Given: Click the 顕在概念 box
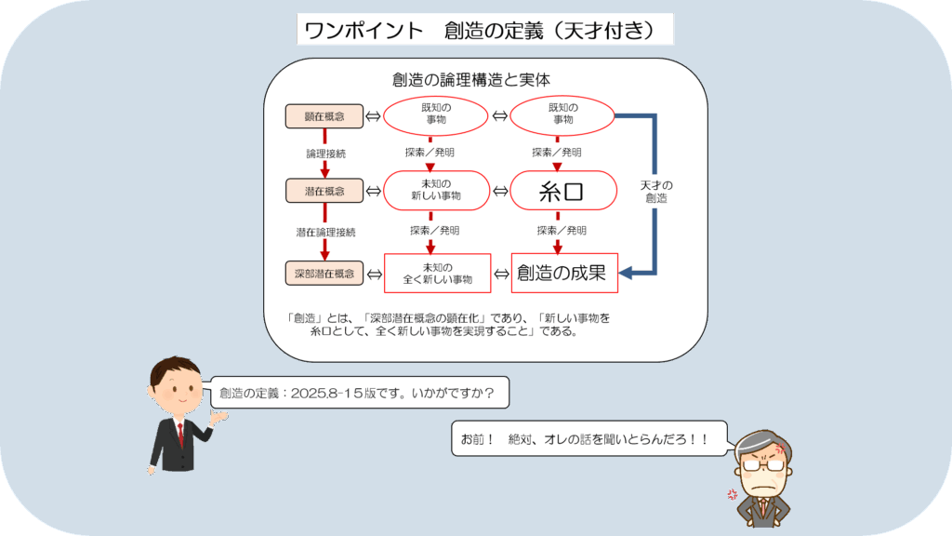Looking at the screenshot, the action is pyautogui.click(x=324, y=116).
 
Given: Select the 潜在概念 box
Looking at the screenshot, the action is pyautogui.click(x=324, y=191).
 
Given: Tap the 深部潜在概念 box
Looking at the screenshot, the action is pyautogui.click(x=324, y=274).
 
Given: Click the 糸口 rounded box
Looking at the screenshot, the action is pyautogui.click(x=562, y=191).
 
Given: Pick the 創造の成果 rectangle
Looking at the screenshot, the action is pyautogui.click(x=564, y=273).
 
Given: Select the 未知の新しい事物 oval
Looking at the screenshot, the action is pyautogui.click(x=436, y=190).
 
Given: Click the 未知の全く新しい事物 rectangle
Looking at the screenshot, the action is pyautogui.click(x=437, y=273).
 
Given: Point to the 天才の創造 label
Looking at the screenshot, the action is pyautogui.click(x=656, y=192).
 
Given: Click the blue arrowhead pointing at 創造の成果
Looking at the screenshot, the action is pyautogui.click(x=626, y=273).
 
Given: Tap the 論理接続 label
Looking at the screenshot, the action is pyautogui.click(x=325, y=154).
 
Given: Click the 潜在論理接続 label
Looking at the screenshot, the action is pyautogui.click(x=325, y=232).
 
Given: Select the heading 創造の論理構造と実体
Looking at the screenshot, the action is pyautogui.click(x=471, y=80).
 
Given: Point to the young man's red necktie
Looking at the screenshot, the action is pyautogui.click(x=180, y=434).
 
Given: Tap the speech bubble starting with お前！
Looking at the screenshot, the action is pyautogui.click(x=588, y=438).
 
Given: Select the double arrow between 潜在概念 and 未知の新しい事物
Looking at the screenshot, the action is pyautogui.click(x=374, y=191).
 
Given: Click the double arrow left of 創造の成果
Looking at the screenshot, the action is pyautogui.click(x=501, y=275).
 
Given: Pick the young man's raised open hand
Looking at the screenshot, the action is pyautogui.click(x=218, y=416).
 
